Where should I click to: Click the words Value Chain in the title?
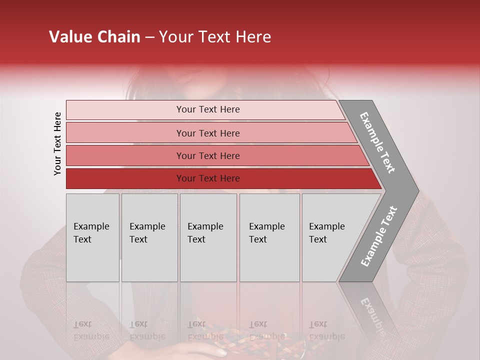coord(94,37)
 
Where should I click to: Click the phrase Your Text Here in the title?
coord(215,37)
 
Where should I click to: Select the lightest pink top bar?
coord(125,110)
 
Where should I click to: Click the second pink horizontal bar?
coord(125,133)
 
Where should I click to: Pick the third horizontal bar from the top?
coord(125,155)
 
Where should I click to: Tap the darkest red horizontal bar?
coord(125,178)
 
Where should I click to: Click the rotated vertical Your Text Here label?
coord(57,144)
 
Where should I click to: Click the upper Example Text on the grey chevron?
coord(377,142)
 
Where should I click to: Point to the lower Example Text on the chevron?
coord(378,236)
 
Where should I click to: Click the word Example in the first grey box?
coord(91,226)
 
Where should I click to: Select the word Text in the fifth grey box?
coord(317,239)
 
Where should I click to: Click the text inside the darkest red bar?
coord(208,178)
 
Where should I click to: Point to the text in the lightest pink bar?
coord(208,109)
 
